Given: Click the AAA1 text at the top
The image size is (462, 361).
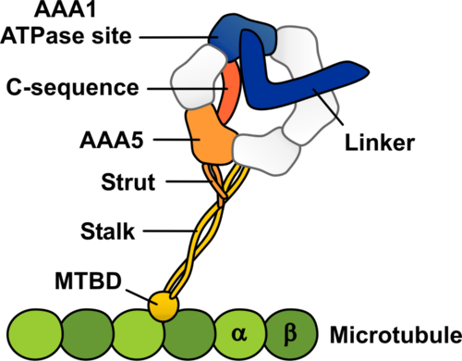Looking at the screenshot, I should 94,12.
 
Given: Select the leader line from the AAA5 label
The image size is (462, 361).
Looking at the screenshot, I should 171,141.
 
